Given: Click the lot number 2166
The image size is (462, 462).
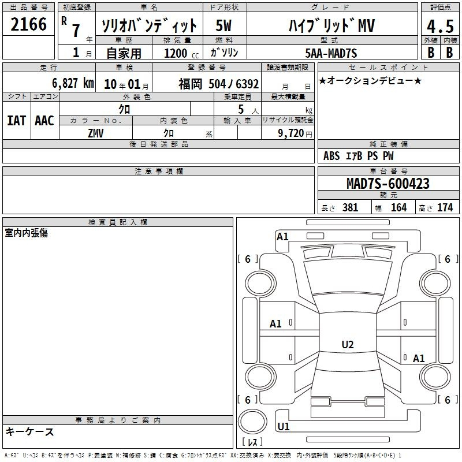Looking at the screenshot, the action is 28,24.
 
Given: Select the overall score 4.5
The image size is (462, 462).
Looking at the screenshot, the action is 440,26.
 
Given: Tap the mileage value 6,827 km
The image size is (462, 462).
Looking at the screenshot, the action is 73,83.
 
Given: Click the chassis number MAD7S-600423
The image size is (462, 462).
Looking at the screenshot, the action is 388,183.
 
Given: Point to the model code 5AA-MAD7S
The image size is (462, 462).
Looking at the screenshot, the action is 331,53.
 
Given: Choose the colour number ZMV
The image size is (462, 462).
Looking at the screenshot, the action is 96,133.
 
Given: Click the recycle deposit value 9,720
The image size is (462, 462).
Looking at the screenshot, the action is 291,133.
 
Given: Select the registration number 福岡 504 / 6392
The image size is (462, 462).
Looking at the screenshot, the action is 219,84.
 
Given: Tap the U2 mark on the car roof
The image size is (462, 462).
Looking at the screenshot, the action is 348,344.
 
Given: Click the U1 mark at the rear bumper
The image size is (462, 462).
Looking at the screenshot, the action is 284,426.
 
